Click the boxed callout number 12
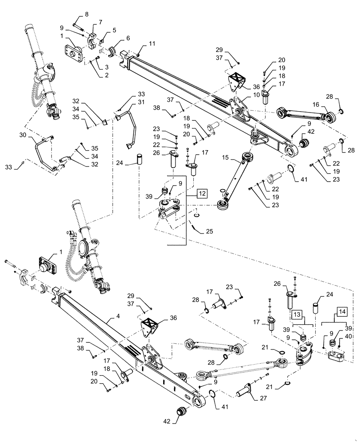[x=202, y=193]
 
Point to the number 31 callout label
[x=141, y=103]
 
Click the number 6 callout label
[x=128, y=39]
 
